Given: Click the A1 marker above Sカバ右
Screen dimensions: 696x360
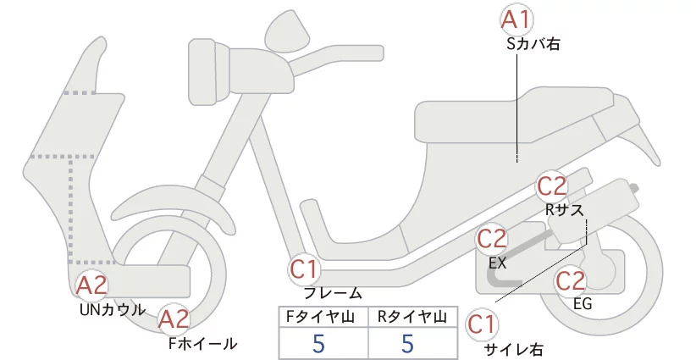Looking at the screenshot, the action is (x=516, y=20).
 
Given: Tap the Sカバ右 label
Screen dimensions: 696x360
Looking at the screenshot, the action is (x=533, y=44).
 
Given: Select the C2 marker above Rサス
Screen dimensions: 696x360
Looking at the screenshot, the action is (x=552, y=186).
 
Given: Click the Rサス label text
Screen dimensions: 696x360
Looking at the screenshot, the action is (x=565, y=209).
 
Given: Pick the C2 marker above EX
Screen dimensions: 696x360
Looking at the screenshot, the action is (x=492, y=239).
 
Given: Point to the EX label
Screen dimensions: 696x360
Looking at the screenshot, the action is (x=498, y=263).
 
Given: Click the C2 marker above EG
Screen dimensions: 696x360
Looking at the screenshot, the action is (x=571, y=281).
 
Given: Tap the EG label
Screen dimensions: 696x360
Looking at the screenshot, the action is (x=583, y=303).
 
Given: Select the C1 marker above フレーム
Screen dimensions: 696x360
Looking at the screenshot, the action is (x=305, y=269).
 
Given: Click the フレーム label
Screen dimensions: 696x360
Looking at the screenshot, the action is (x=333, y=293).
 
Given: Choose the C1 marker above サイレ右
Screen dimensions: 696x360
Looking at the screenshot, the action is (x=482, y=325).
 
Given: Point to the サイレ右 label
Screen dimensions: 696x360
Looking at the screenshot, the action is (x=513, y=350).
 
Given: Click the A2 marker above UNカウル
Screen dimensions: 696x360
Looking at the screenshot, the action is (x=91, y=285).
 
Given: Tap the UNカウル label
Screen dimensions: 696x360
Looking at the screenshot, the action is (x=113, y=310).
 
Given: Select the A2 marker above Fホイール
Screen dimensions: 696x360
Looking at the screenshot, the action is (x=174, y=319).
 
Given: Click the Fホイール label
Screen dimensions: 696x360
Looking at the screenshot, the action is (x=203, y=344).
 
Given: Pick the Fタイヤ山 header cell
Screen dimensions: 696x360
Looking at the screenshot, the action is (x=323, y=317).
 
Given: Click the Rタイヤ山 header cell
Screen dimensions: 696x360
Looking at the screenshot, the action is (x=413, y=317).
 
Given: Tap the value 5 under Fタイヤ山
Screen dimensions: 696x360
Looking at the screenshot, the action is (x=318, y=343).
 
